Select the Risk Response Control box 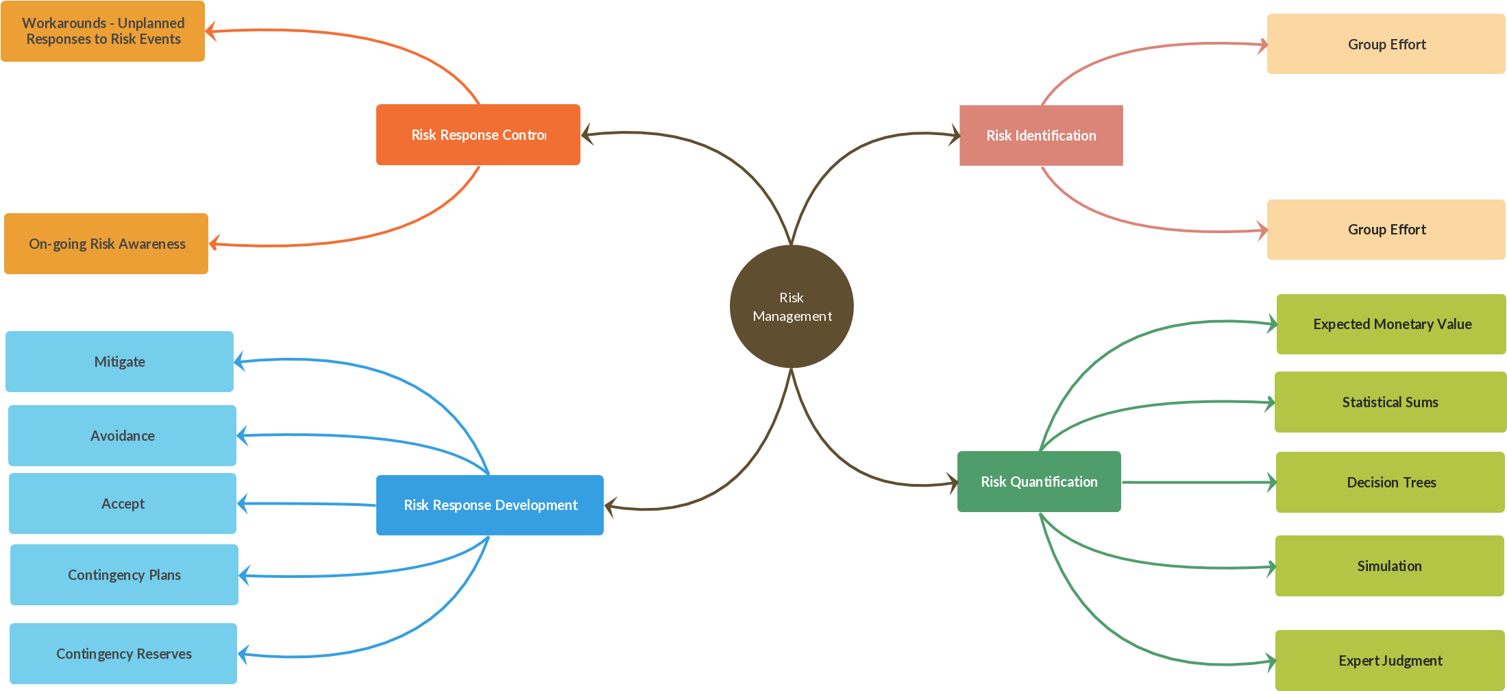coord(478,135)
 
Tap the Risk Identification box coord(1040,136)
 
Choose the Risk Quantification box coord(1038,482)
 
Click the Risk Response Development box coord(489,505)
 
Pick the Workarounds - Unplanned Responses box coord(103,32)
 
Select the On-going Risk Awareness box coord(106,244)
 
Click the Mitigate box coord(119,362)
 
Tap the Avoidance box coord(122,436)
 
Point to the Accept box coord(123,504)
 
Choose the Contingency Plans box coord(124,575)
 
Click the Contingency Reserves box coord(123,654)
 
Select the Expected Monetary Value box coord(1391,324)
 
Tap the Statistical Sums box coord(1390,402)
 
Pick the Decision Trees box coord(1390,483)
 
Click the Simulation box coord(1389,566)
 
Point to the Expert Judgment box coord(1390,661)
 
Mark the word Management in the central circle coord(792,316)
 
